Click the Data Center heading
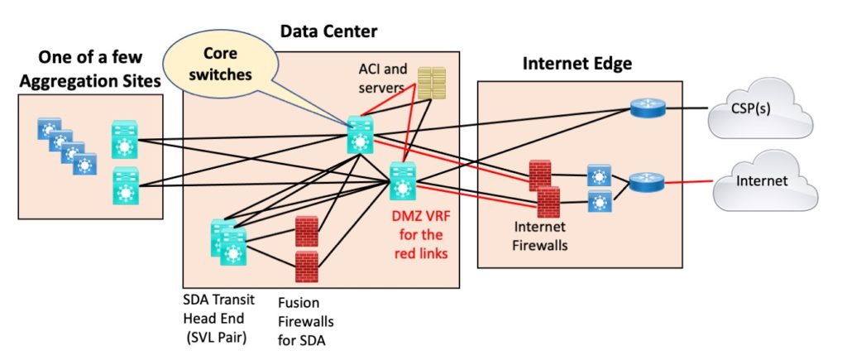(328, 31)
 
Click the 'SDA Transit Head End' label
(221, 310)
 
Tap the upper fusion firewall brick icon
(308, 230)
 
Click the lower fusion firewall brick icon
(308, 266)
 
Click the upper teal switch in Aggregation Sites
(126, 142)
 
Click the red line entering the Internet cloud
(687, 181)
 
